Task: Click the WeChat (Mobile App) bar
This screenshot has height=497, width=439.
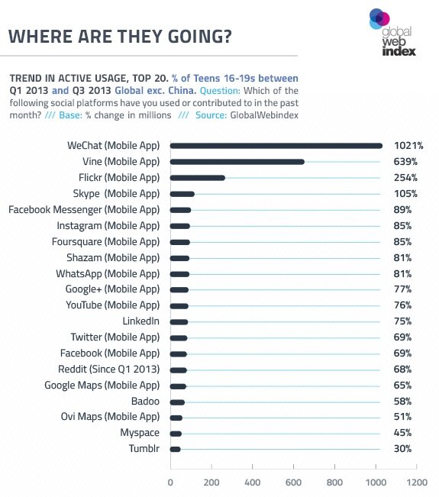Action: [x=276, y=146]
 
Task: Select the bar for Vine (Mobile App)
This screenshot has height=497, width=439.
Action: [x=237, y=162]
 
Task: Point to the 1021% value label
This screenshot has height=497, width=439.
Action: [x=408, y=146]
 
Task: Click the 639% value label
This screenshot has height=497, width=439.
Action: [x=405, y=162]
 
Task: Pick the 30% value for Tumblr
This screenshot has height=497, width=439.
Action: [x=402, y=449]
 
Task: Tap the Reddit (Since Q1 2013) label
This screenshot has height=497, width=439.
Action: [x=111, y=370]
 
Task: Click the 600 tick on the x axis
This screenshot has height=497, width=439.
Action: [x=293, y=482]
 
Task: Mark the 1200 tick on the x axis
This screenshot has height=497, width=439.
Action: [x=416, y=482]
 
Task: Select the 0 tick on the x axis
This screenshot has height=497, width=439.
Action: [x=169, y=482]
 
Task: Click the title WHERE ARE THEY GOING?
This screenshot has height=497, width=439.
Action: [x=120, y=37]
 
